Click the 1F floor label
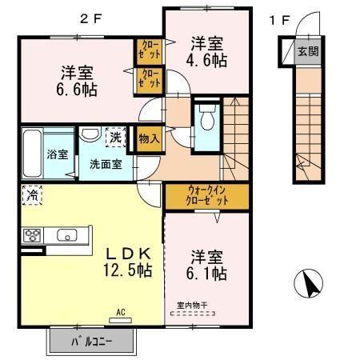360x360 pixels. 278,20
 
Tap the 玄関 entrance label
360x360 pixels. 307,52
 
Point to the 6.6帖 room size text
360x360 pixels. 77,87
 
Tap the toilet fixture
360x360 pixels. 206,121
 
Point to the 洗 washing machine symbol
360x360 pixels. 116,136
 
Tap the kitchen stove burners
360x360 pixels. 34,235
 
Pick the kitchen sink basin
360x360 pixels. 66,235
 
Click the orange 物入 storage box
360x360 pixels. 149,138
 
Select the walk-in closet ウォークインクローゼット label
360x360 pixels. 207,196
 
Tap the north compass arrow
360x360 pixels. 309,283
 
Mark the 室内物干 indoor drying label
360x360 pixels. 191,304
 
